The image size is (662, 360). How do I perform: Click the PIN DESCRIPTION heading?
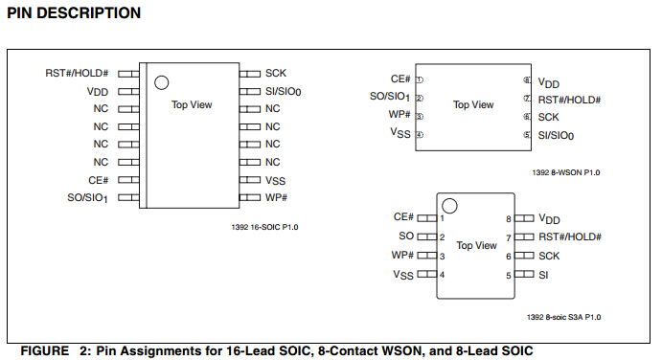click(x=74, y=13)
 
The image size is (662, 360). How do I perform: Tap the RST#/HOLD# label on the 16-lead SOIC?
click(x=77, y=74)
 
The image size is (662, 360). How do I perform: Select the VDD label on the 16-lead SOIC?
click(x=98, y=92)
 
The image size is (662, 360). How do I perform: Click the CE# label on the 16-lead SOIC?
click(x=99, y=180)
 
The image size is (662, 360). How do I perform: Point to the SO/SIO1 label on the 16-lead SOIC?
click(x=88, y=198)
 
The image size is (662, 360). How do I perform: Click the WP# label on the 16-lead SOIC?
click(x=276, y=197)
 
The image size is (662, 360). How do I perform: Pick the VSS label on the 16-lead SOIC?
click(x=275, y=181)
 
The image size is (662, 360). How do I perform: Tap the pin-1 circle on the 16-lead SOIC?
click(x=161, y=82)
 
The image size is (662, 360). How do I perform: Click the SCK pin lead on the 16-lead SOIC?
click(x=250, y=74)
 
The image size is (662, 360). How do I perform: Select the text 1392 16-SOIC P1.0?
click(x=264, y=227)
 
